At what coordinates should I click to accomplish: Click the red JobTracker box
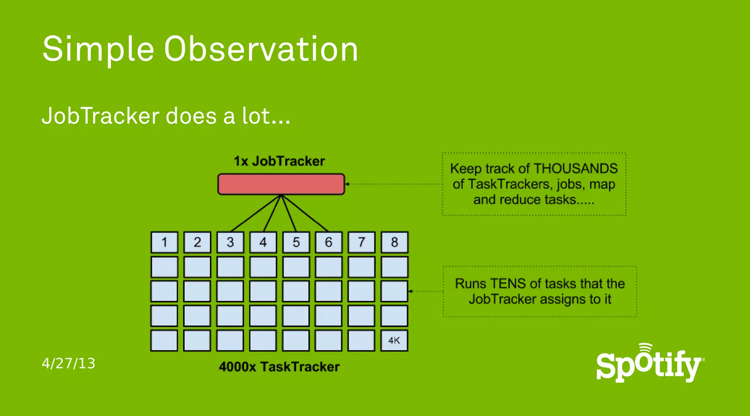pyautogui.click(x=281, y=184)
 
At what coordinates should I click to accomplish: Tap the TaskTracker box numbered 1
pyautogui.click(x=164, y=242)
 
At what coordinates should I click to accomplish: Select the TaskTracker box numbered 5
pyautogui.click(x=296, y=242)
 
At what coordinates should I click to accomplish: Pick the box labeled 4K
pyautogui.click(x=394, y=341)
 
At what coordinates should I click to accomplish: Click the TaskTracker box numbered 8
pyautogui.click(x=394, y=242)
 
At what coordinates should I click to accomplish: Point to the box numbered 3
pyautogui.click(x=230, y=242)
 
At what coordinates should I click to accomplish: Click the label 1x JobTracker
pyautogui.click(x=279, y=161)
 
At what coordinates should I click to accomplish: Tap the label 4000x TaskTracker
pyautogui.click(x=279, y=367)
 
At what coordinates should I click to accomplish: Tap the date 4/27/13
pyautogui.click(x=68, y=363)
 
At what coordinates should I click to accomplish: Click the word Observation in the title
pyautogui.click(x=261, y=49)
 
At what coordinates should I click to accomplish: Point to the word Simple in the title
pyautogui.click(x=98, y=49)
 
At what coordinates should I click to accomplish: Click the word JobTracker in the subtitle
pyautogui.click(x=101, y=116)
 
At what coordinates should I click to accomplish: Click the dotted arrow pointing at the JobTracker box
pyautogui.click(x=394, y=184)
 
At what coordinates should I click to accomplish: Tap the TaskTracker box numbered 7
pyautogui.click(x=361, y=242)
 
